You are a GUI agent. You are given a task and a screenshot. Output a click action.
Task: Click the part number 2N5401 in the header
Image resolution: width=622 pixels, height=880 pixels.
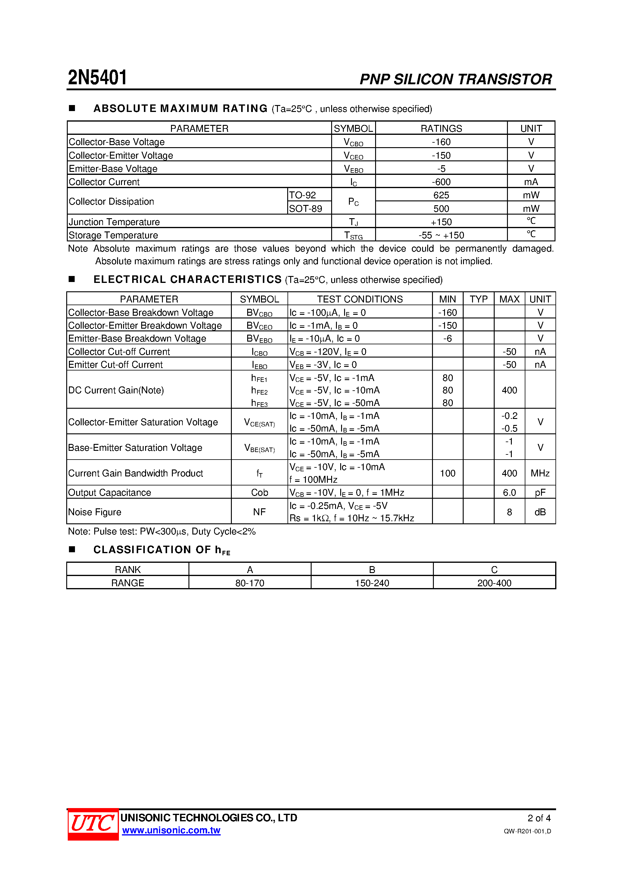98,78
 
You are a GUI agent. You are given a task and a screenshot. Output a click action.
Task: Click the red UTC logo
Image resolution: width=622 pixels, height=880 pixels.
93,824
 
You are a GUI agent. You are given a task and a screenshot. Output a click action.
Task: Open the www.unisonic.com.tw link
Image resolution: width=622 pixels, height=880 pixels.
171,831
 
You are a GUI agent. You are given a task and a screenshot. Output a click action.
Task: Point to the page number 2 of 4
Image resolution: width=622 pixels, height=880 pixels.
539,818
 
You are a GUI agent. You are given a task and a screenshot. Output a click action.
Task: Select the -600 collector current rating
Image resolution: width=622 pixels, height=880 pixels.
441,182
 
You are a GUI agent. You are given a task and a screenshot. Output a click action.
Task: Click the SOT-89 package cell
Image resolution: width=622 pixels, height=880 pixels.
306,209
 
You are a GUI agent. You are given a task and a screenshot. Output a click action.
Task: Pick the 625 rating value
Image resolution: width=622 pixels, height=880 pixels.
441,195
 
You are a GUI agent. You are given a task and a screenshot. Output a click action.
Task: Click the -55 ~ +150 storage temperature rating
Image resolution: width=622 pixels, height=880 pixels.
441,235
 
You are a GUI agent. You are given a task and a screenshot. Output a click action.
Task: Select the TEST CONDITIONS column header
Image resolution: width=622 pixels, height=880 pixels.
360,299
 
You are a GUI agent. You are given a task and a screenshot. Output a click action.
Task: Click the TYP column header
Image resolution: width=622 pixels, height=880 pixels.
478,299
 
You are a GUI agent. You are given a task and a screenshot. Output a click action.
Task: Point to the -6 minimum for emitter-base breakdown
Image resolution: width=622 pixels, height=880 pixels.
447,339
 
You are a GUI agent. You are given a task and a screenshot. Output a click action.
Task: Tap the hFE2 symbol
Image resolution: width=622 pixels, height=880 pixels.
259,391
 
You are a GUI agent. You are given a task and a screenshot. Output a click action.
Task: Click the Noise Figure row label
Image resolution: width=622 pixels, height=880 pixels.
95,512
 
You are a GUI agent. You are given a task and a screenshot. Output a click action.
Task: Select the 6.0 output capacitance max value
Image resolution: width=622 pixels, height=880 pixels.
509,492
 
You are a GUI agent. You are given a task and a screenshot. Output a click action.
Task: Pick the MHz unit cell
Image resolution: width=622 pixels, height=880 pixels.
540,473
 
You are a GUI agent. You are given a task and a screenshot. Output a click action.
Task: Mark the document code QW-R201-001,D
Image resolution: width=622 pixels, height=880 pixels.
527,831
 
